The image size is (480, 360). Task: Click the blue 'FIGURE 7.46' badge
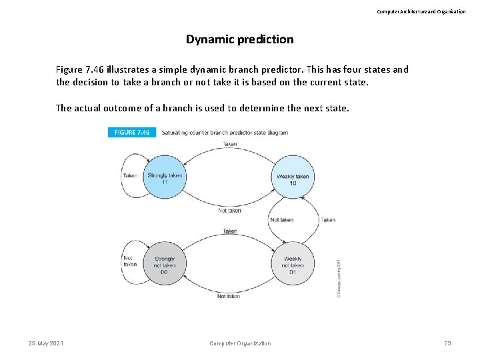(132, 133)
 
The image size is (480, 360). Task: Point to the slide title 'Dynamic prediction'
(239, 39)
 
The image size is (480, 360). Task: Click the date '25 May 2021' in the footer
(46, 343)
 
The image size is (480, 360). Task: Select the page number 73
(447, 343)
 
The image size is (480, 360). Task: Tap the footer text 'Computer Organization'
(240, 343)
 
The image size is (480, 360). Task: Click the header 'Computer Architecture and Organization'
(421, 11)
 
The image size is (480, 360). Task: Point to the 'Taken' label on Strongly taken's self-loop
(130, 176)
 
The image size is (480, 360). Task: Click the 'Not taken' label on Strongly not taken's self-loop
(130, 260)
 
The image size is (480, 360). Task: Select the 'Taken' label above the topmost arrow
(229, 144)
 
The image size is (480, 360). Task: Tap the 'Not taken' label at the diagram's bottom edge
(229, 296)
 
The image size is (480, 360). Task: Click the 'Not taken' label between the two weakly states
(281, 219)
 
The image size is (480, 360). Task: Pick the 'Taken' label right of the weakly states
(328, 219)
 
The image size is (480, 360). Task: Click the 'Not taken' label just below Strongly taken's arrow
(229, 211)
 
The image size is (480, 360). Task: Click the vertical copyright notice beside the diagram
(338, 278)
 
